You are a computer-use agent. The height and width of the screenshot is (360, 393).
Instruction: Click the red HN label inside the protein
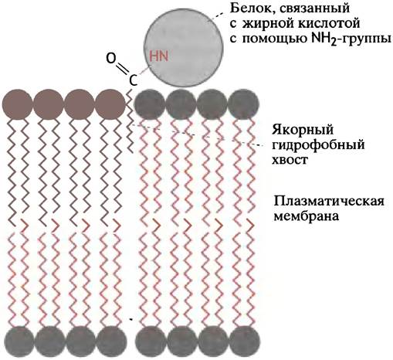click(158, 56)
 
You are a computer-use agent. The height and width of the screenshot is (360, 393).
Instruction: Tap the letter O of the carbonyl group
click(111, 58)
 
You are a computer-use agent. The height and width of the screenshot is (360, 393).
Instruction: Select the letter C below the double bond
click(133, 80)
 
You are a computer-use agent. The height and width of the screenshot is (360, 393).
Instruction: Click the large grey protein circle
click(184, 47)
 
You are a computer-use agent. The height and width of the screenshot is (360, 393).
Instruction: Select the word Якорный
click(303, 130)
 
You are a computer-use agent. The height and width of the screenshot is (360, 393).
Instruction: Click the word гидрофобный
click(318, 144)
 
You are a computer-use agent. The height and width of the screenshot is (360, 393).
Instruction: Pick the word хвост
click(290, 160)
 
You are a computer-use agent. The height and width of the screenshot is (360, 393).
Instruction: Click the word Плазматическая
click(329, 202)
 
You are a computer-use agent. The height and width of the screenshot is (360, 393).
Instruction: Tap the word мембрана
click(306, 216)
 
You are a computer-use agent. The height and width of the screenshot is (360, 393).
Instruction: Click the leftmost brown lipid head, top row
click(18, 104)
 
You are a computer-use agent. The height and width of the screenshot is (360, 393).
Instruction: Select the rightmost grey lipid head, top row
click(243, 104)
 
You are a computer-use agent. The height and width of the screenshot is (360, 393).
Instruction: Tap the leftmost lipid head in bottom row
click(19, 341)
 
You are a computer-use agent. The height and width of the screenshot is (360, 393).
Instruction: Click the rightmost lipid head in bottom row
click(244, 341)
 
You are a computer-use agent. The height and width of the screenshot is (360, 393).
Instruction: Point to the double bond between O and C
click(123, 69)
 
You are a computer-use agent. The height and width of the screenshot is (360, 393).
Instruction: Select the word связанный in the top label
click(312, 8)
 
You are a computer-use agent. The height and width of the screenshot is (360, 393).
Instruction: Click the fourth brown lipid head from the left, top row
click(110, 104)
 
